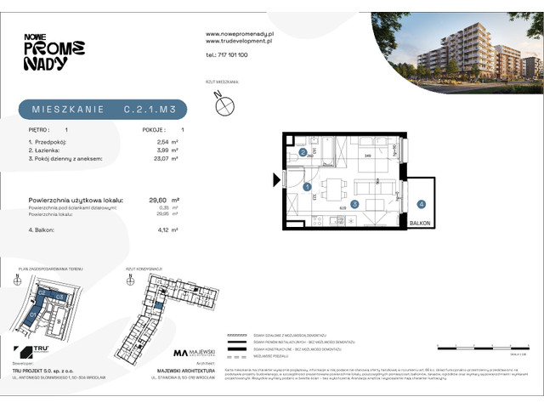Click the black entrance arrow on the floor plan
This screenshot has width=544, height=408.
coord(276,179)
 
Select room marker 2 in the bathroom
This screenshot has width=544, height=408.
coord(303,152)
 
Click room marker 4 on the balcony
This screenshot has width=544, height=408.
coord(421,204)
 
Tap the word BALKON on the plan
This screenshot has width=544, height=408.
coord(419,222)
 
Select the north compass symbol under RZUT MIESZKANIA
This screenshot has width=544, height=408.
coord(225,105)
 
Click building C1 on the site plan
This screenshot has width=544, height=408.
coord(33,314)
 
